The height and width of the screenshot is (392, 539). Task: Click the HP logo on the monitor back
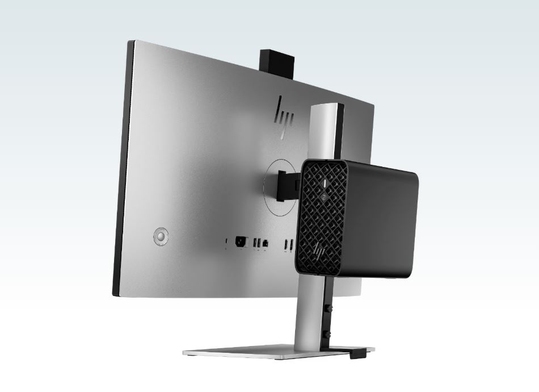click(284, 118)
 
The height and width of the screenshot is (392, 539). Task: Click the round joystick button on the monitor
click(161, 236)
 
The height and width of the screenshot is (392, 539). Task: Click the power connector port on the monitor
click(241, 242)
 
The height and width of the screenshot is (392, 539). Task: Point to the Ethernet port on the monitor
click(265, 244)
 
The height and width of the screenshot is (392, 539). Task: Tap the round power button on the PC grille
click(323, 197)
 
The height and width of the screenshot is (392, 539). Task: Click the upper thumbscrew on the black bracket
click(330, 309)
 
